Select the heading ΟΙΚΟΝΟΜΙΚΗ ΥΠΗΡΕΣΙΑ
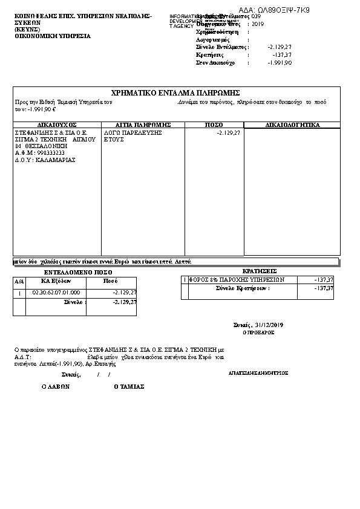(53, 36)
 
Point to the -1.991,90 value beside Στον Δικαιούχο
(280, 62)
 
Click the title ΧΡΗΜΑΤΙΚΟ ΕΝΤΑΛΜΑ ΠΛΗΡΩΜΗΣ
(177, 92)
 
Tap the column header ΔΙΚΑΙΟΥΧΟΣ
(57, 125)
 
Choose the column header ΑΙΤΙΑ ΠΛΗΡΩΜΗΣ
(144, 125)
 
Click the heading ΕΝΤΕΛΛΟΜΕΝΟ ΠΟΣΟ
(74, 273)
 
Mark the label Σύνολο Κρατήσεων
(242, 288)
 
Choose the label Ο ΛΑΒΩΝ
(56, 386)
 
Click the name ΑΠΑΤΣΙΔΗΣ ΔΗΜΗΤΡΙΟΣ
(258, 373)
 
